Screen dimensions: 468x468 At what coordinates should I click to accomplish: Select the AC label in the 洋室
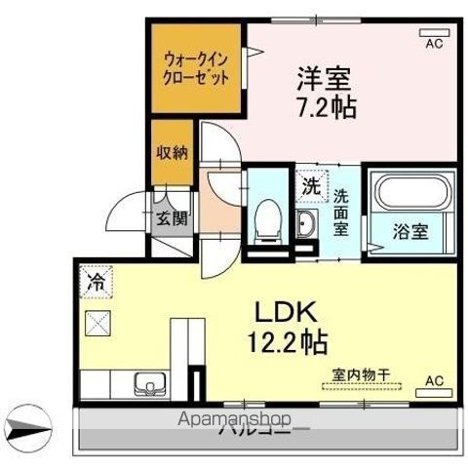click(434, 43)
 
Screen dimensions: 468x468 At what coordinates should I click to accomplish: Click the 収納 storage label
click(172, 153)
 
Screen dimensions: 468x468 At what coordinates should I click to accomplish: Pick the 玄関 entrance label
click(173, 216)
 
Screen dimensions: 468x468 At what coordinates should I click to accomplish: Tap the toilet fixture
click(264, 218)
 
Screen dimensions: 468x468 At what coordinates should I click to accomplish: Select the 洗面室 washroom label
click(342, 204)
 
